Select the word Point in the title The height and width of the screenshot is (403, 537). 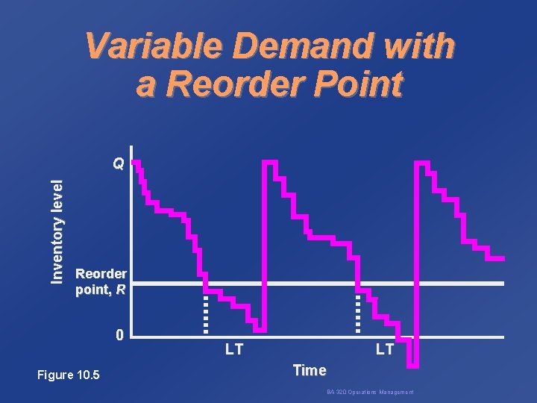(x=356, y=84)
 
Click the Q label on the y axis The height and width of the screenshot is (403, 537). (x=118, y=163)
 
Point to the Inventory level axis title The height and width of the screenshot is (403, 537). (x=57, y=224)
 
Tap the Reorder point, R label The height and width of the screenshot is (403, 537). (x=101, y=281)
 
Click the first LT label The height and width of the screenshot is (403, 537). (x=233, y=349)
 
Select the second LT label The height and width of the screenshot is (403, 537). (x=385, y=349)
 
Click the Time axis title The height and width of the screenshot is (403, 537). (x=310, y=369)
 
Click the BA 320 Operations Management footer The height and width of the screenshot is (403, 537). (x=369, y=393)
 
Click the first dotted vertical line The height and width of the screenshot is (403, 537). (x=206, y=313)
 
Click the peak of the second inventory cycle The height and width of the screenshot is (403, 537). (x=270, y=162)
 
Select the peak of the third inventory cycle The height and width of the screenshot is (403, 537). (x=422, y=163)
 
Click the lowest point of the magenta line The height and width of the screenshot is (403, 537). (x=415, y=366)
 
